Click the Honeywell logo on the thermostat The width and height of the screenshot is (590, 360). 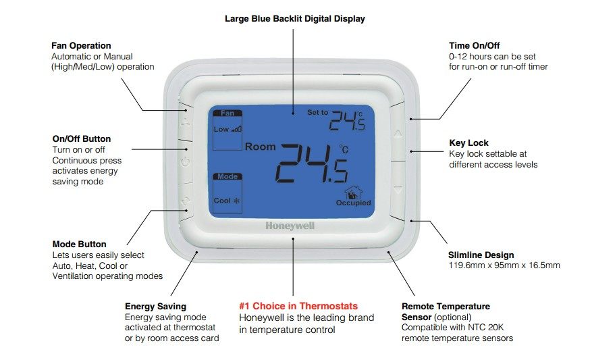click(x=290, y=226)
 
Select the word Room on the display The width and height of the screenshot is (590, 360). click(x=260, y=147)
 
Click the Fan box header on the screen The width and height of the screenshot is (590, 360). click(x=227, y=113)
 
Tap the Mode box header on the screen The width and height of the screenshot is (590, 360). click(x=227, y=176)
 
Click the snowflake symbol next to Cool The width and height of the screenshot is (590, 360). click(x=237, y=201)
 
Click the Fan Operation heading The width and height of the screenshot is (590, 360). click(x=81, y=45)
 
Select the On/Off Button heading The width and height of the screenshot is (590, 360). click(x=81, y=138)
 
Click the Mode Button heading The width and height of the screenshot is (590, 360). click(x=79, y=244)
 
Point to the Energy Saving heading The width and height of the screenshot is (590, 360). click(x=155, y=306)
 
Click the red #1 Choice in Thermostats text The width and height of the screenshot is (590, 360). click(x=298, y=306)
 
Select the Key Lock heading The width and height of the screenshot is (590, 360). click(x=468, y=143)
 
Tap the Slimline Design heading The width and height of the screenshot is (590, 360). click(x=481, y=255)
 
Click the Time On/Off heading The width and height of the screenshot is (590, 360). click(x=474, y=45)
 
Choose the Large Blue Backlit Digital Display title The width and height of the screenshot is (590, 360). click(x=294, y=19)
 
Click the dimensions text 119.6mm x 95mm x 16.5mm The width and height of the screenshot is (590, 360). click(x=504, y=265)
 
